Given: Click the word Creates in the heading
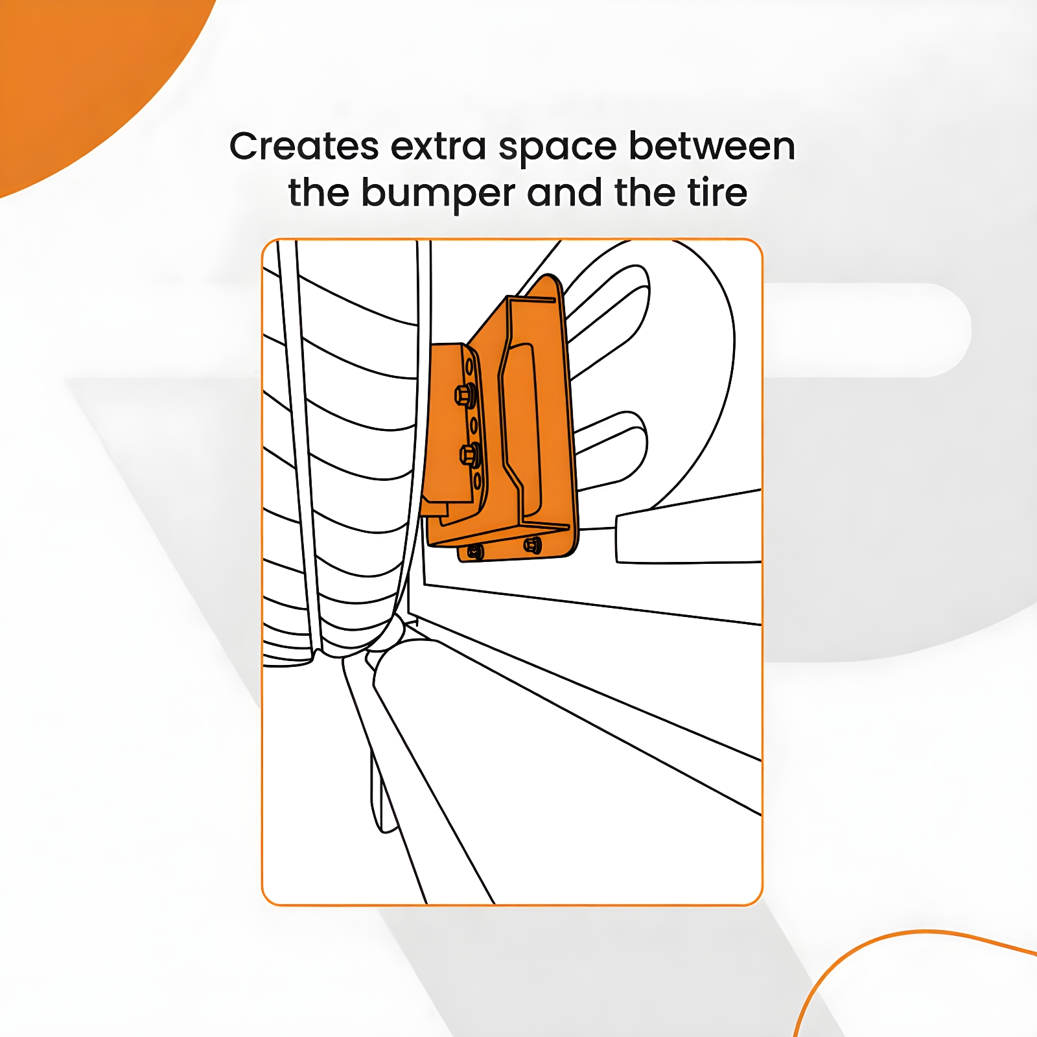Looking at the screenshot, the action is pyautogui.click(x=304, y=146).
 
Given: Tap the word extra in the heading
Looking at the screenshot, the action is pyautogui.click(x=439, y=147).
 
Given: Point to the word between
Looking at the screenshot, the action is pyautogui.click(x=712, y=146).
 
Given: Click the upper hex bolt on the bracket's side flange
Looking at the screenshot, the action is pyautogui.click(x=465, y=394).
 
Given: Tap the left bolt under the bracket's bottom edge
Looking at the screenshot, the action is pyautogui.click(x=475, y=552).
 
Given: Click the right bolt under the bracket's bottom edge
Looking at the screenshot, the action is pyautogui.click(x=532, y=546).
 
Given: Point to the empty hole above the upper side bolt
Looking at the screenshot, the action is pyautogui.click(x=469, y=366).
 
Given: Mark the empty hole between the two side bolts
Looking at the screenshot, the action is pyautogui.click(x=473, y=425).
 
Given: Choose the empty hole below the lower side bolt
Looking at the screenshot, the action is pyautogui.click(x=477, y=480).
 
